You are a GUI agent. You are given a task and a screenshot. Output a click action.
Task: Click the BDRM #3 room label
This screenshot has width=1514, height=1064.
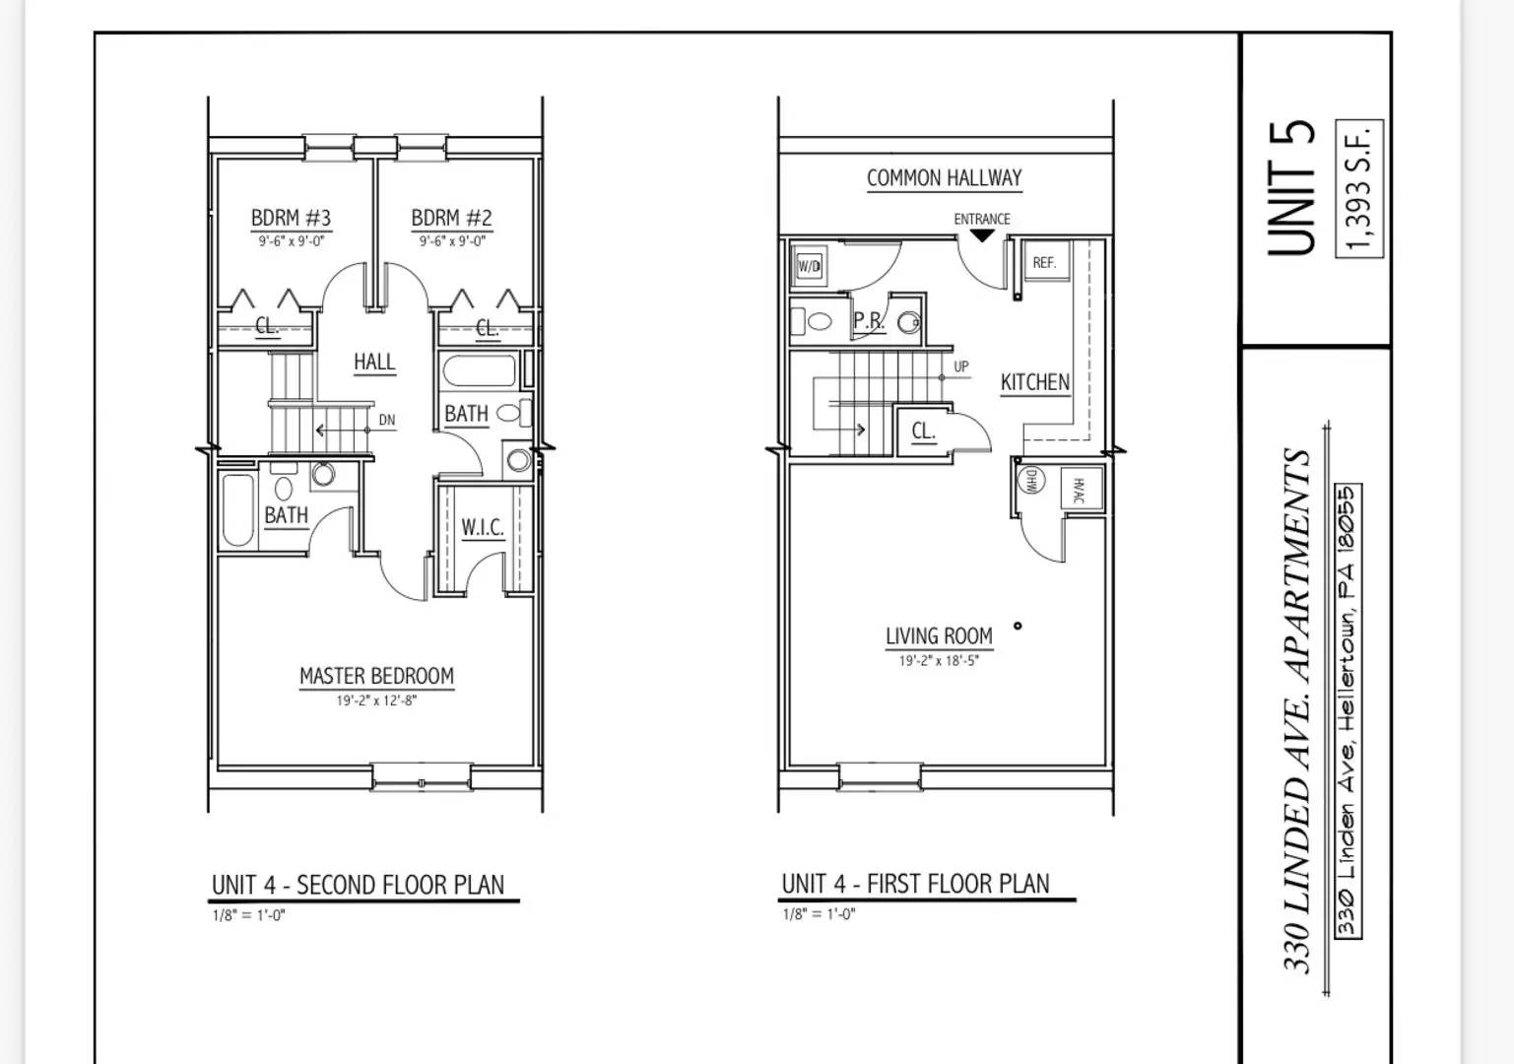pos(291,218)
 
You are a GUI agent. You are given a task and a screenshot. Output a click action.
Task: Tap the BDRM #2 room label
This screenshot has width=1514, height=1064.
pos(451,218)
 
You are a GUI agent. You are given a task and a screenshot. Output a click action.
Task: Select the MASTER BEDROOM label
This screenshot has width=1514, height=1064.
pos(376,676)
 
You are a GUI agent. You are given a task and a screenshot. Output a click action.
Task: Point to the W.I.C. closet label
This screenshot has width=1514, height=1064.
pos(483,528)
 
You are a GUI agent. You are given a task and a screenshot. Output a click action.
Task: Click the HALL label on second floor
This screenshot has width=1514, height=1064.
pos(374,363)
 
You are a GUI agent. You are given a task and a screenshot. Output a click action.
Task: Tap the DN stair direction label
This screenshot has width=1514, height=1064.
pos(387,421)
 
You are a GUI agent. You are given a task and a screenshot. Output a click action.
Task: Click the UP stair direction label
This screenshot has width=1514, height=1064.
pos(961,366)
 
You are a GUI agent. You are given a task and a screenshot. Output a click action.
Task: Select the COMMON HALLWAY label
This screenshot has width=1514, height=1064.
pos(944,178)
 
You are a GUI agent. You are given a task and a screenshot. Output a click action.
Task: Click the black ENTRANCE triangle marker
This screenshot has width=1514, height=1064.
pos(982,235)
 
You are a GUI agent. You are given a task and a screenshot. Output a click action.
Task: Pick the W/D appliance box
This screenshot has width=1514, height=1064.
pos(809,266)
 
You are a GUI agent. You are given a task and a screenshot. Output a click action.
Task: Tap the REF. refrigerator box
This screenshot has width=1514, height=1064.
pos(1044,263)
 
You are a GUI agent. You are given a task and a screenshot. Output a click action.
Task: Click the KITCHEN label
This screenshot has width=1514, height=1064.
pos(1034,382)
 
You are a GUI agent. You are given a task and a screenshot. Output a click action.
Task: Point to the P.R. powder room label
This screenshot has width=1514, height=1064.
pos(869,321)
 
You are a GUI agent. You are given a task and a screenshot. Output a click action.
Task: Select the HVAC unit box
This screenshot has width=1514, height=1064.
pos(1079,489)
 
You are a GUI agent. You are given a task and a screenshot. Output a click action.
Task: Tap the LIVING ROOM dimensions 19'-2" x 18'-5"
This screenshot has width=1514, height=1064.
pos(938,661)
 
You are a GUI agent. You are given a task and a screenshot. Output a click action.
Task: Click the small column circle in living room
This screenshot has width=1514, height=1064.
pos(1018,626)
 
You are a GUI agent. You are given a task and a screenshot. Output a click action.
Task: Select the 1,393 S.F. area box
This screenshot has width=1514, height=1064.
pos(1359,188)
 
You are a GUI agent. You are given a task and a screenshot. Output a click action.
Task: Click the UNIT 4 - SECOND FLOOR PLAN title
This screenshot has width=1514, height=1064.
pos(358,885)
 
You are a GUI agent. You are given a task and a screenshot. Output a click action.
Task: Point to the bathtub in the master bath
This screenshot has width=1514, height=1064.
pos(237,510)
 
